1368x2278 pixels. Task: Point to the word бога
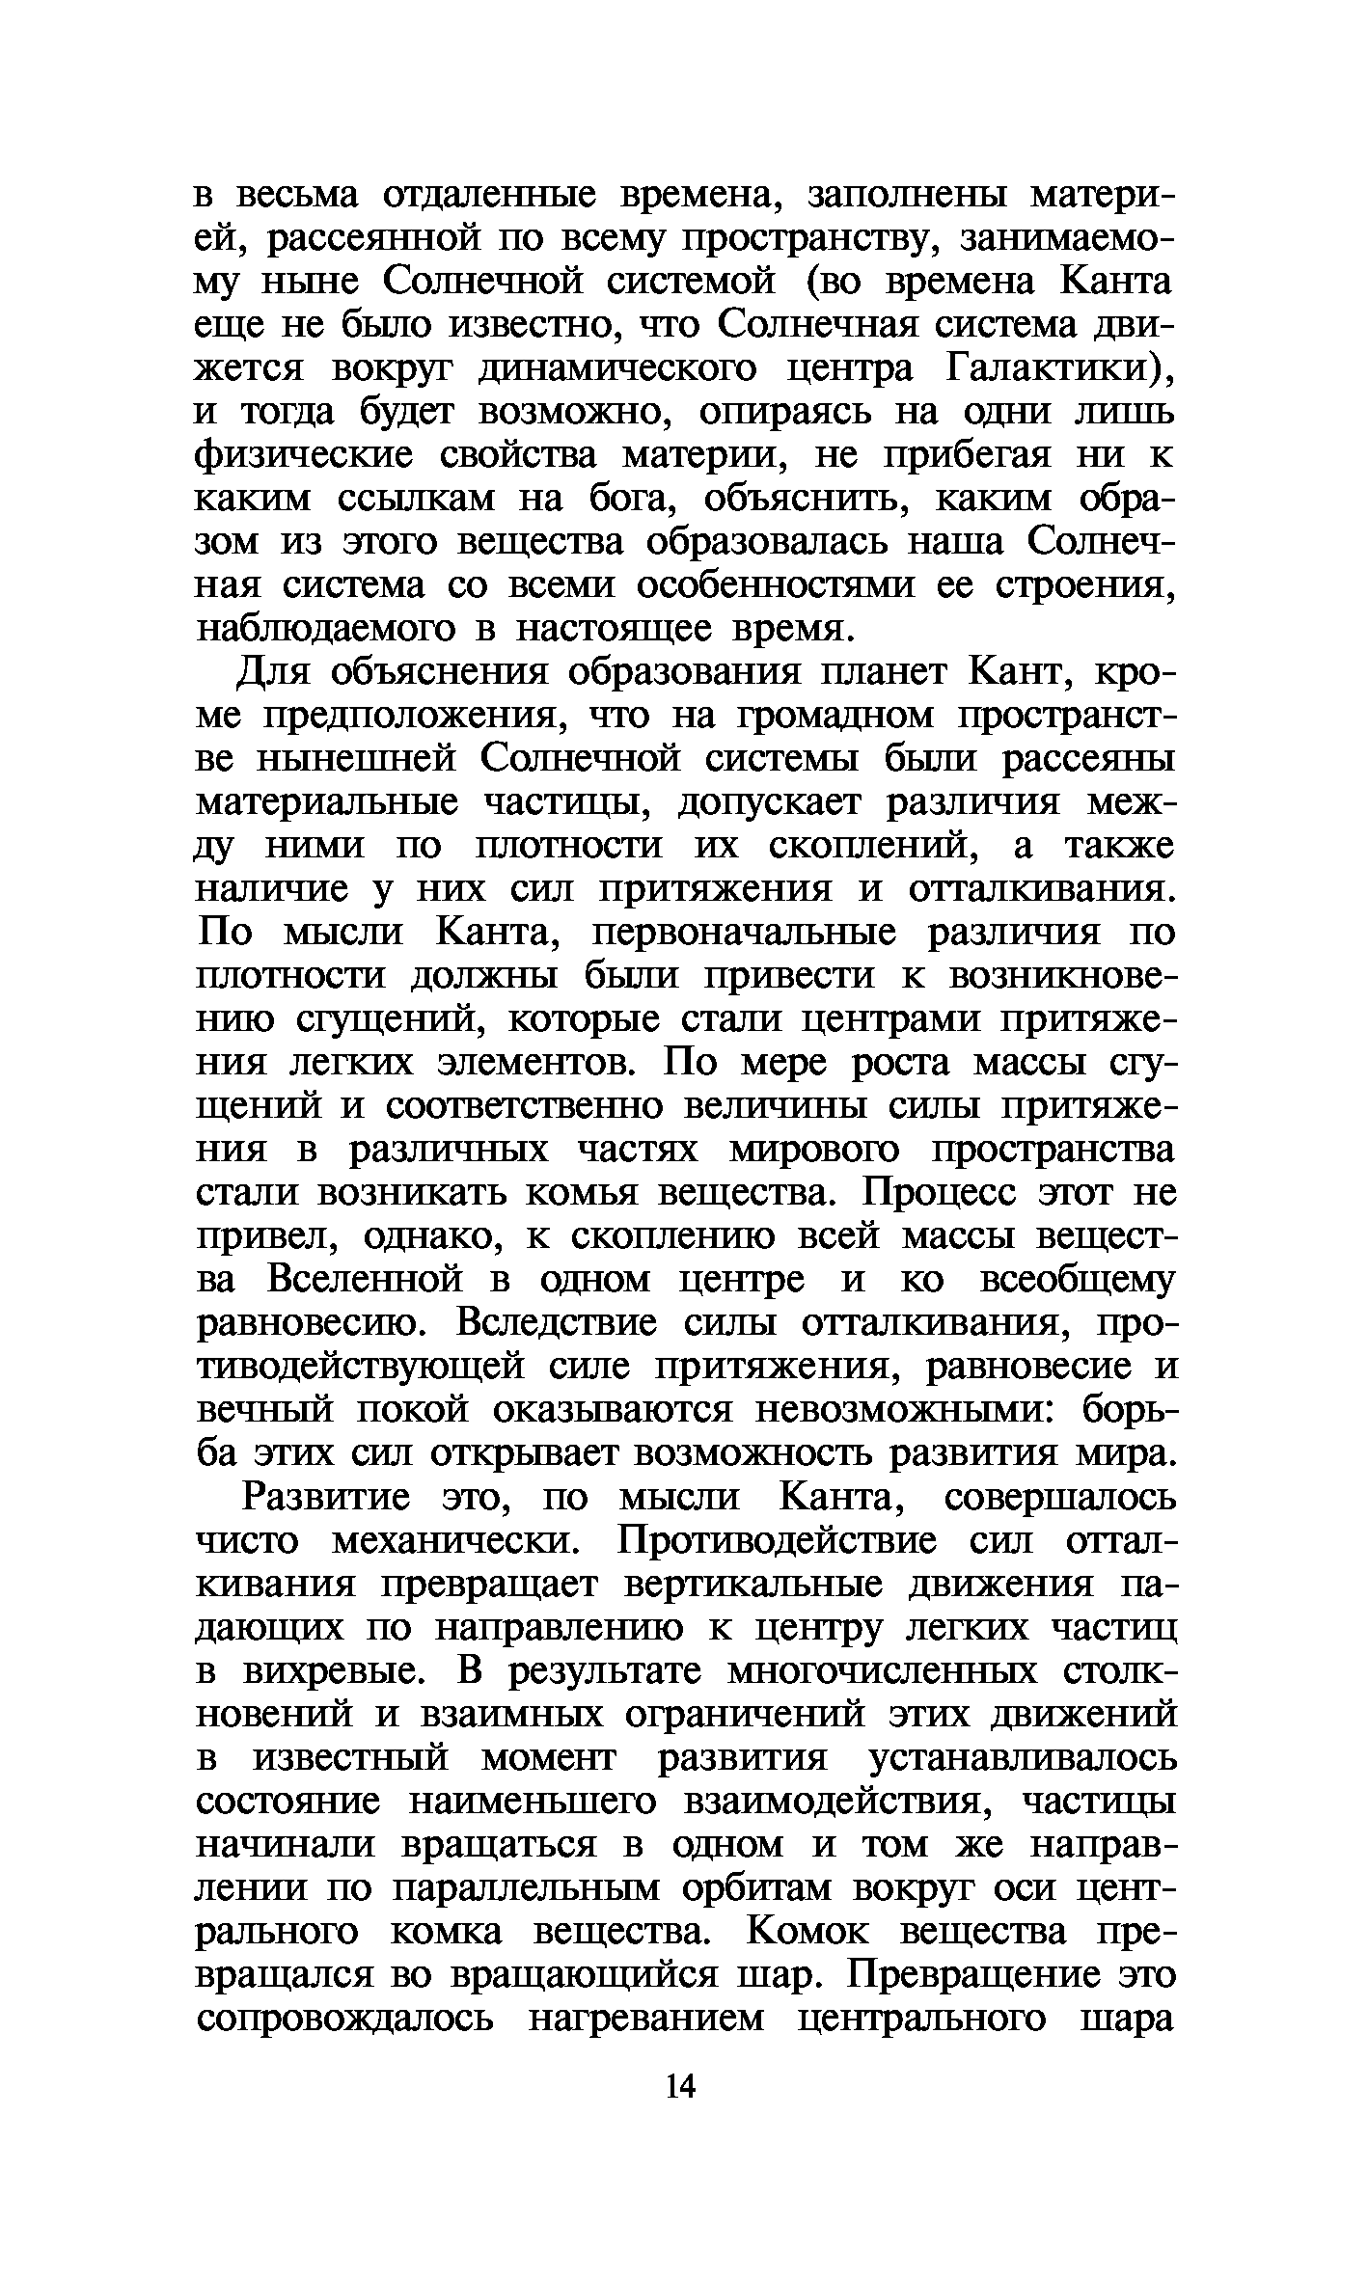click(631, 500)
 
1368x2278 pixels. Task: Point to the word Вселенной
click(369, 1281)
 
